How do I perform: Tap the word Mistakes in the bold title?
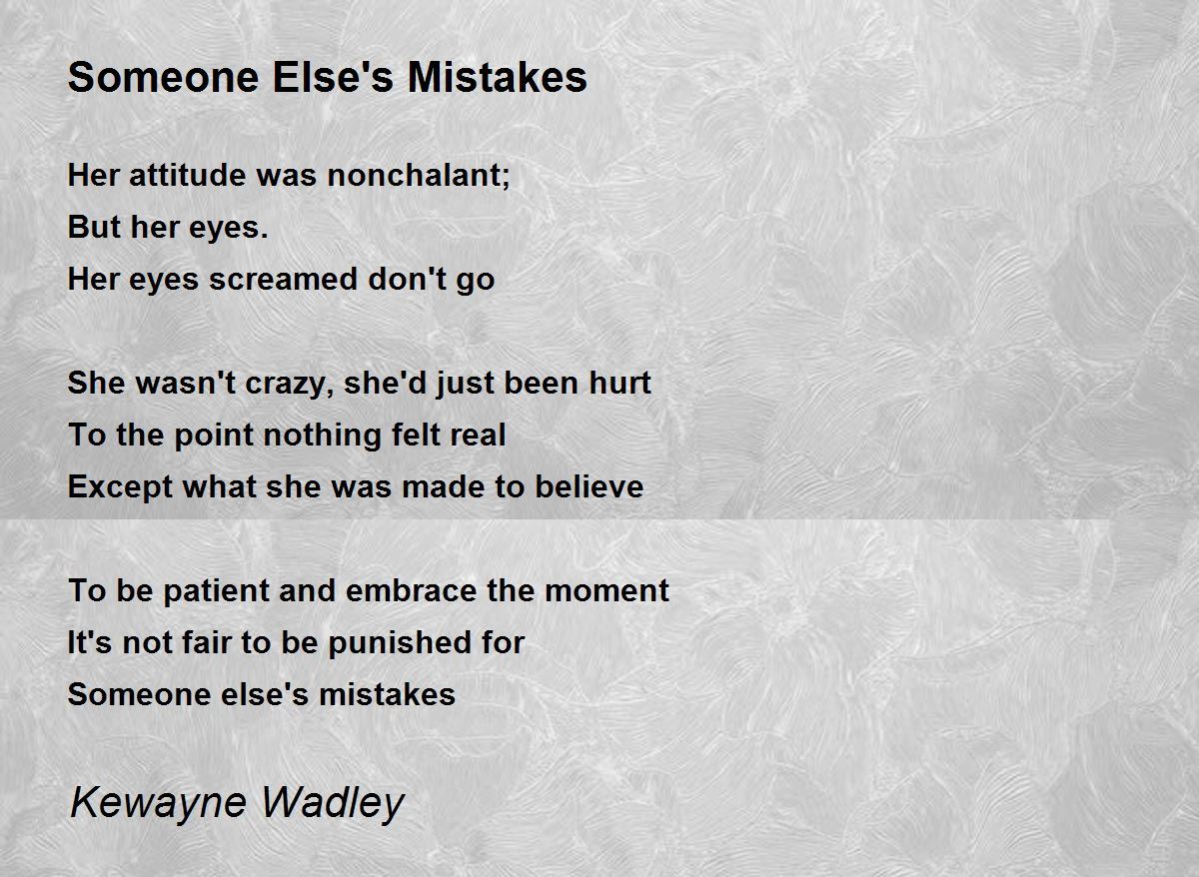498,78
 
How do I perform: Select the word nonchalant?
415,175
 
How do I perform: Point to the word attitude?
188,175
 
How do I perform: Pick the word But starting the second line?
94,227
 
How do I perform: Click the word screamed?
283,280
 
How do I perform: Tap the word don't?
408,280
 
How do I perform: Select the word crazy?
288,385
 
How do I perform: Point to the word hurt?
619,383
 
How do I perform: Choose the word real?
478,435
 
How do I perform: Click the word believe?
589,486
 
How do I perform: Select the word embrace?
411,590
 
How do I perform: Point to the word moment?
606,590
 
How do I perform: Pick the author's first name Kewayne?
159,803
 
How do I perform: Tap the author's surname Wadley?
333,803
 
